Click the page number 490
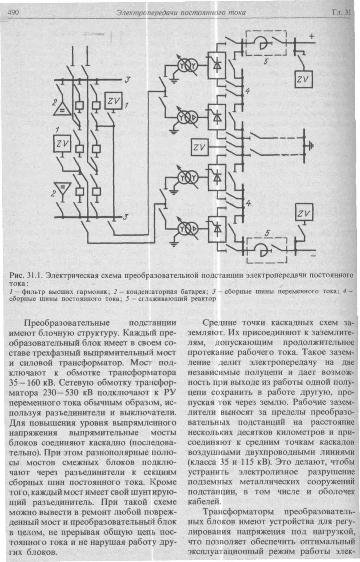(13, 12)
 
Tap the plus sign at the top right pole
(312, 36)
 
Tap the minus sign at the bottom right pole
(313, 256)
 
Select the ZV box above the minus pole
(304, 212)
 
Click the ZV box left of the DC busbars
(200, 147)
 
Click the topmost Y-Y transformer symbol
(188, 66)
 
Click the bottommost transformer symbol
(188, 229)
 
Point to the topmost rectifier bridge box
(217, 65)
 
